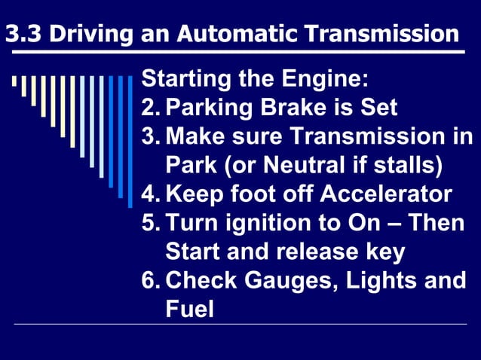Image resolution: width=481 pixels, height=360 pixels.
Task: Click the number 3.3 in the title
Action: pyautogui.click(x=23, y=33)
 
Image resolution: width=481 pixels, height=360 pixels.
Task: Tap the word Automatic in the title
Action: pyautogui.click(x=237, y=33)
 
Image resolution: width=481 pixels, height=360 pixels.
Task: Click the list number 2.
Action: pyautogui.click(x=150, y=107)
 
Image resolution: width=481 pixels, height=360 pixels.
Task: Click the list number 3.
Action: pyautogui.click(x=150, y=136)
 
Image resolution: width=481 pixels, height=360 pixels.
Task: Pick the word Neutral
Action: pyautogui.click(x=304, y=165)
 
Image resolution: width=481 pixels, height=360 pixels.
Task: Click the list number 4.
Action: pyautogui.click(x=150, y=194)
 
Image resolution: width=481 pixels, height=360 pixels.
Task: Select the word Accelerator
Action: pyautogui.click(x=386, y=194)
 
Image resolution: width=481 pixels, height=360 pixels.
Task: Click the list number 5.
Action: pyautogui.click(x=150, y=223)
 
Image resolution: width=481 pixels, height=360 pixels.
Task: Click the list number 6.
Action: pyautogui.click(x=150, y=280)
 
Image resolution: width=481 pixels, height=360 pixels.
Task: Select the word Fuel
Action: pyautogui.click(x=189, y=309)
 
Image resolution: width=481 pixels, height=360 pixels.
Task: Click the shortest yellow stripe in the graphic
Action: pyautogui.click(x=14, y=81)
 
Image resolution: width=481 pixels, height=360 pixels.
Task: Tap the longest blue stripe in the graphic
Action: pyautogui.click(x=130, y=142)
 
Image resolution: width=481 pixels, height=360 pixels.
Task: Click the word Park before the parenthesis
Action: pyautogui.click(x=191, y=165)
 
